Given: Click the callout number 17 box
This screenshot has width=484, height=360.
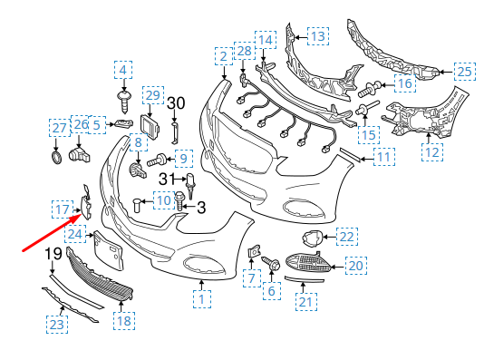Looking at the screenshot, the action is [x=63, y=209].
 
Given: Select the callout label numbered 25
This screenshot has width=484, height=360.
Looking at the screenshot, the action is [x=465, y=72].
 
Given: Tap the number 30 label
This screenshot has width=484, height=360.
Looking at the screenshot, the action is [x=176, y=103].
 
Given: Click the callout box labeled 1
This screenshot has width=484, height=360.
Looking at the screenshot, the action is [x=202, y=299].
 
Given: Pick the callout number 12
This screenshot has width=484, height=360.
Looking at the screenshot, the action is [x=432, y=152].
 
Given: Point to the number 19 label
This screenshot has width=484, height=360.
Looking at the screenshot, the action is [x=53, y=254].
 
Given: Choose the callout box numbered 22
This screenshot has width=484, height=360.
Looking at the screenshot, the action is [x=347, y=237].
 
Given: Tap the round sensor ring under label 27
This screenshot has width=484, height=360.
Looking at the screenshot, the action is [x=56, y=158].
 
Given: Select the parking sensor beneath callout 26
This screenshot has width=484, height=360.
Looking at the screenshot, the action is [x=80, y=154].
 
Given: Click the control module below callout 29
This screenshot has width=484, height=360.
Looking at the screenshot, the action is [x=150, y=127].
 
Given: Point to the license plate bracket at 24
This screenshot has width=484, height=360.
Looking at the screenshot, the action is [x=109, y=250].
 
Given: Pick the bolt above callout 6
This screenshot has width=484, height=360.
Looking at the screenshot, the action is [x=271, y=263].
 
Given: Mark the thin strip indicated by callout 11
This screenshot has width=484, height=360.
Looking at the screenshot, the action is [x=351, y=155].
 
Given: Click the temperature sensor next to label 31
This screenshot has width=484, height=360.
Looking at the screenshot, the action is [x=190, y=187].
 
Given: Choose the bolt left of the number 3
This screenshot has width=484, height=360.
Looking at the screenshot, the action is [x=179, y=200].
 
